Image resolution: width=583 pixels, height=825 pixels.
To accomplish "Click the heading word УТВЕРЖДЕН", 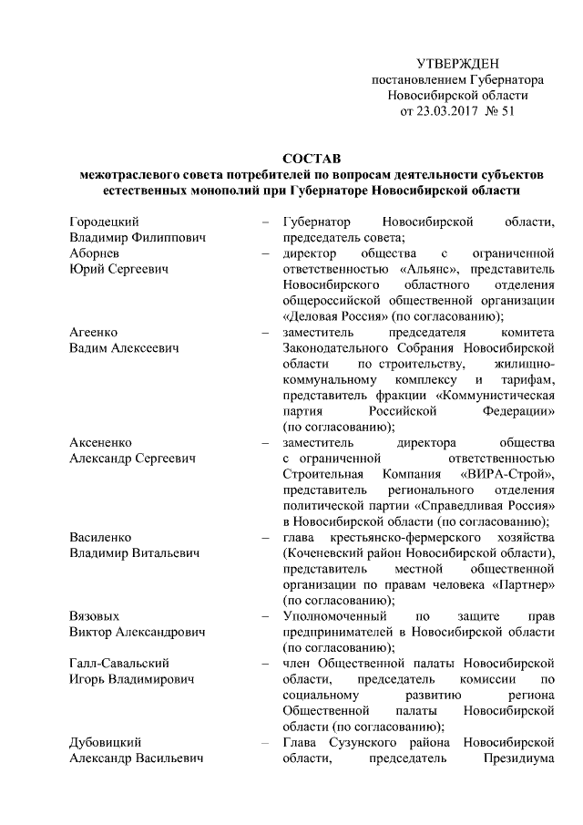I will click(x=456, y=63).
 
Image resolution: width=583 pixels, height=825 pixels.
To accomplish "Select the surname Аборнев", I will click(x=96, y=253).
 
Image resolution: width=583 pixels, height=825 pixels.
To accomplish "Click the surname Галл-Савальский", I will click(x=119, y=663).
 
